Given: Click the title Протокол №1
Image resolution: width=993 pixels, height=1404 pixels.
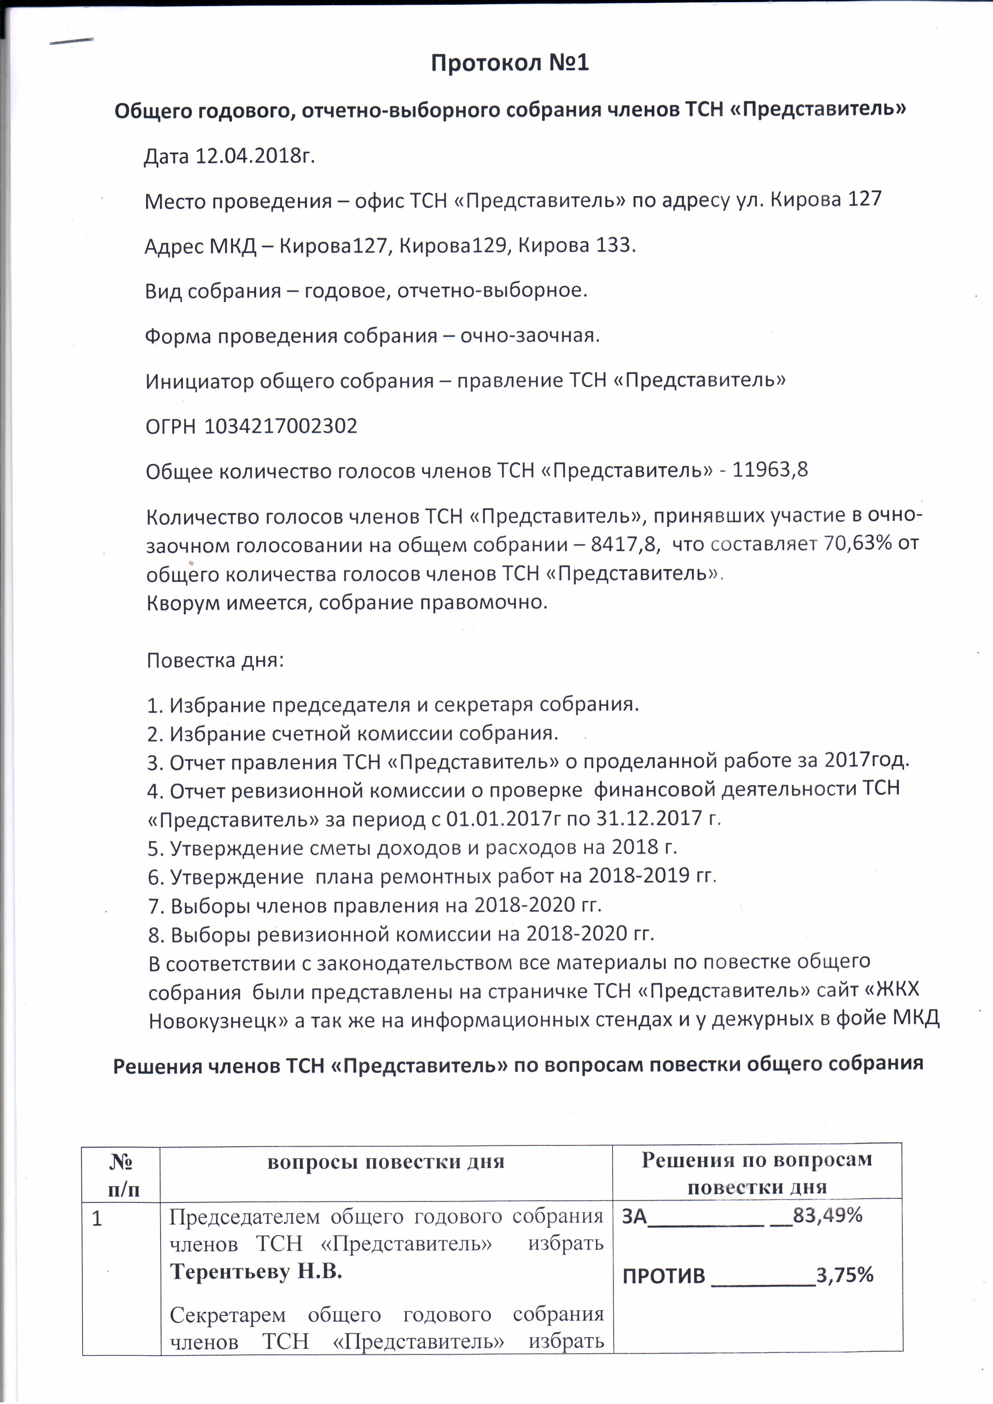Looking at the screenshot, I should coord(510,63).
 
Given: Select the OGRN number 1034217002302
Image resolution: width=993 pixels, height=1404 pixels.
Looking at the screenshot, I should coord(281,426).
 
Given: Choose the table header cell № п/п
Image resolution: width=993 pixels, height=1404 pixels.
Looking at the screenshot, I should coord(122,1175).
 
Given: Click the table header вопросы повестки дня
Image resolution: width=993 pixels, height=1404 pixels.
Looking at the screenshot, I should coord(386,1162).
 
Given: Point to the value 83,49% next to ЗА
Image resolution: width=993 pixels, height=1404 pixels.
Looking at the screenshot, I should coord(826,1215).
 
